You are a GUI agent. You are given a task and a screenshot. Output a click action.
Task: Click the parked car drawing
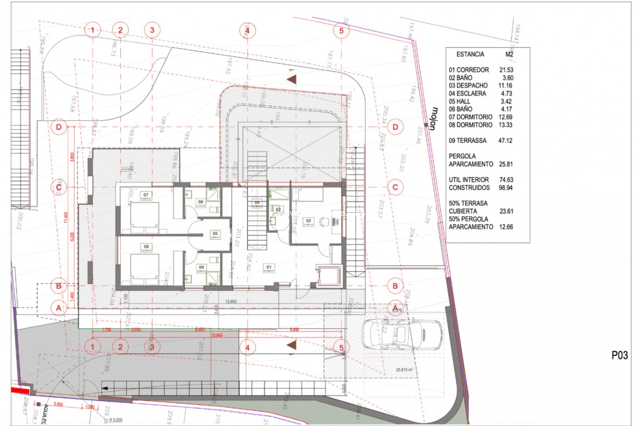[x=402, y=334]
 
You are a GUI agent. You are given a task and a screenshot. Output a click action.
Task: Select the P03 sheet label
[x=619, y=355]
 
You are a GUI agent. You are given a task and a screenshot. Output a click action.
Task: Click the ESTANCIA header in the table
[x=470, y=54]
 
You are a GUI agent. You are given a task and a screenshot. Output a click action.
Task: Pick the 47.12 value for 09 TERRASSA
[x=505, y=141]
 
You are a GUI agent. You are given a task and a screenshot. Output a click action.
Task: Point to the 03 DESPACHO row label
[x=468, y=86]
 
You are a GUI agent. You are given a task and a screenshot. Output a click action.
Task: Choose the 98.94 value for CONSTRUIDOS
[x=506, y=188]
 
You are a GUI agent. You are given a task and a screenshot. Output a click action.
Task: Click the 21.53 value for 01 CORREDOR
[x=506, y=70]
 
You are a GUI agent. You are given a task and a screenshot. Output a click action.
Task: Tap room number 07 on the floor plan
[x=146, y=195]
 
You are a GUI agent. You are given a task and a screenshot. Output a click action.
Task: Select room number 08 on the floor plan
[x=146, y=247]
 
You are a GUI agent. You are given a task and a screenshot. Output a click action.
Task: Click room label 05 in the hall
[x=215, y=234]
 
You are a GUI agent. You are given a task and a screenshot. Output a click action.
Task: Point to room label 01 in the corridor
[x=269, y=267]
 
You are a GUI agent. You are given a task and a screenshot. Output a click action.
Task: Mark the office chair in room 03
[x=324, y=221]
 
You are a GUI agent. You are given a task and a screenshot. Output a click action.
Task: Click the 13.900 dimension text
[x=231, y=302]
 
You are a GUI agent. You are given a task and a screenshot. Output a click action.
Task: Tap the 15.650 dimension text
[x=217, y=335]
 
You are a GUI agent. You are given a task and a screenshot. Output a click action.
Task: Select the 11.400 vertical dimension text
[x=66, y=217]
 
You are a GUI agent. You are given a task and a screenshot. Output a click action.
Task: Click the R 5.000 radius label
[x=115, y=420]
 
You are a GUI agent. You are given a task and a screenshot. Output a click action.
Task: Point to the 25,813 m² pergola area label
[x=404, y=370]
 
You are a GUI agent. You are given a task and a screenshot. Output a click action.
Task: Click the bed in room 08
[x=144, y=266]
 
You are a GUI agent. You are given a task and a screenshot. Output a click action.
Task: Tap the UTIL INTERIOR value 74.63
[x=506, y=180]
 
